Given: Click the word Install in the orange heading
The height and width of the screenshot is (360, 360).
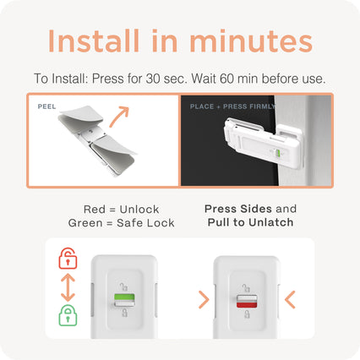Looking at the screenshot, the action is click(x=94, y=41).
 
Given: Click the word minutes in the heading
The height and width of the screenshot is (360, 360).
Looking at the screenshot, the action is click(x=251, y=41).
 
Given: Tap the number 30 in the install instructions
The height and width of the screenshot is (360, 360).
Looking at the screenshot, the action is click(x=153, y=79).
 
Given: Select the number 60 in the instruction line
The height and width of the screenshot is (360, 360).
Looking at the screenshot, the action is click(x=226, y=79).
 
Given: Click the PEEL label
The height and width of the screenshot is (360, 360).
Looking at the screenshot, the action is click(x=46, y=106).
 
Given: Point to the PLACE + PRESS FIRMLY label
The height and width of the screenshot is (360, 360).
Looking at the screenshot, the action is click(x=232, y=106).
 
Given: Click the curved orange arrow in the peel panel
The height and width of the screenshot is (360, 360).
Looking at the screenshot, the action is click(x=119, y=117).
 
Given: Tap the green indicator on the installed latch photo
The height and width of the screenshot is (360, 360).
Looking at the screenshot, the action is click(x=278, y=153).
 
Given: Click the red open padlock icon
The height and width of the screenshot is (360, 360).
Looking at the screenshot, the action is click(x=68, y=258).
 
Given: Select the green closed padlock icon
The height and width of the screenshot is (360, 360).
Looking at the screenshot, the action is click(x=68, y=315).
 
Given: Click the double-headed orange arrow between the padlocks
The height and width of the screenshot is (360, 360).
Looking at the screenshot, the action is click(x=68, y=287).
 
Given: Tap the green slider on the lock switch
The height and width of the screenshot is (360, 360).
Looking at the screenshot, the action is click(x=124, y=297).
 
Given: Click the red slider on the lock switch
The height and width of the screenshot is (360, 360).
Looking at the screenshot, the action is click(x=247, y=304).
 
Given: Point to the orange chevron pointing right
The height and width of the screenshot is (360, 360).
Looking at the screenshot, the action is click(x=204, y=300).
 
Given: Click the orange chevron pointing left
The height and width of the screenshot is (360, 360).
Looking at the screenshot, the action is click(x=290, y=300).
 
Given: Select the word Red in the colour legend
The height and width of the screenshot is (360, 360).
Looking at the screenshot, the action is click(x=94, y=210).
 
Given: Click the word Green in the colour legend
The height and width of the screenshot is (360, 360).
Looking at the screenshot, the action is click(x=85, y=223).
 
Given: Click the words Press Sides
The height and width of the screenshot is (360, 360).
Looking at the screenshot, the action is click(x=238, y=209).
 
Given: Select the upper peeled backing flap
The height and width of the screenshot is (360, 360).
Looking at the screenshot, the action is click(x=82, y=115).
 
